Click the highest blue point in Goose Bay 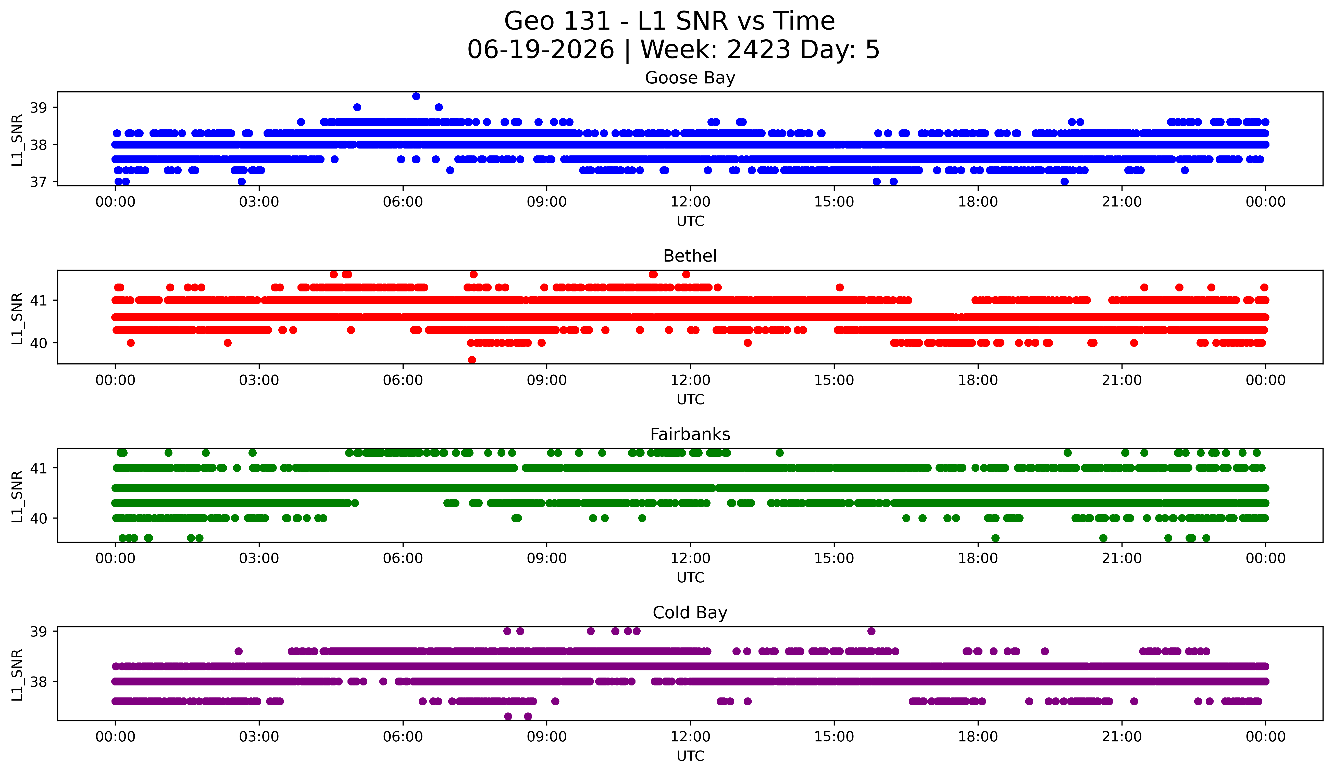(416, 96)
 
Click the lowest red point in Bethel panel (472, 360)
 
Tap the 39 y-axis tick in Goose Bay (38, 107)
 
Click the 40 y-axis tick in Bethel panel (38, 343)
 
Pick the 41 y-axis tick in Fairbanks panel (38, 468)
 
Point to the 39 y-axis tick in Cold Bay (38, 631)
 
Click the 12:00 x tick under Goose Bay (690, 202)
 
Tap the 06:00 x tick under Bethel (403, 380)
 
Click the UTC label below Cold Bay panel (690, 756)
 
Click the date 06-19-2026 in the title (541, 50)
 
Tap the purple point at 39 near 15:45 (871, 631)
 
